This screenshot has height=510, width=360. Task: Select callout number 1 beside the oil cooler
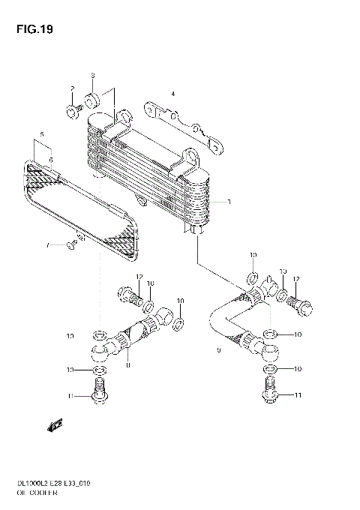(x=229, y=202)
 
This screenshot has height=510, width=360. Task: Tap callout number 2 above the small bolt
(x=73, y=89)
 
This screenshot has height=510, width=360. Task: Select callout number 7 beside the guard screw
(x=46, y=245)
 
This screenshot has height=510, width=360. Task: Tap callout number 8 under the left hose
(x=128, y=365)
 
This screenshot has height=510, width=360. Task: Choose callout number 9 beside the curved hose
(x=218, y=350)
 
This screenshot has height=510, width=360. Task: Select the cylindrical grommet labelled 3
(x=94, y=100)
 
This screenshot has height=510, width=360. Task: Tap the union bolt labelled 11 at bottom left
(x=99, y=390)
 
